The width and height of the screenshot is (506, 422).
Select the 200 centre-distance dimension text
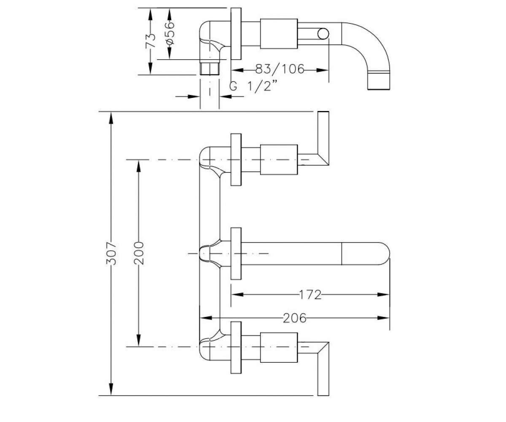pos(139,253)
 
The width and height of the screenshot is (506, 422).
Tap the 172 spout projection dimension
pos(310,295)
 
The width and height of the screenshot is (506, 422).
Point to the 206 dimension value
pos(295,318)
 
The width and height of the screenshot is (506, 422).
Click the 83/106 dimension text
pos(280,69)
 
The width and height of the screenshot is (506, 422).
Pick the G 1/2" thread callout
pos(253,86)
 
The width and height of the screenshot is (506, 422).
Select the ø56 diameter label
pos(170,33)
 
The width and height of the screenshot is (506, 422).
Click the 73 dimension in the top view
pos(151,41)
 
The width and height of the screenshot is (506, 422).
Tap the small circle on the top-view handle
pos(323,33)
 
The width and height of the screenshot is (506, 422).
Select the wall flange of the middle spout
pos(236,254)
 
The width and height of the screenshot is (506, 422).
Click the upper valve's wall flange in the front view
pos(236,160)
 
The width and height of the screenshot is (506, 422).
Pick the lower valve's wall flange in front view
pos(236,347)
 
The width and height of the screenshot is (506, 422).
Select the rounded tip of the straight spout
pos(383,254)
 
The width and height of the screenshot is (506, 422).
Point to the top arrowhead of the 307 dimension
pos(111,118)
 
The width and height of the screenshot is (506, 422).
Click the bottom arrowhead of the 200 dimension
pos(139,341)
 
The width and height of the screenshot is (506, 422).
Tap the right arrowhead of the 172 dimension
pos(383,295)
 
